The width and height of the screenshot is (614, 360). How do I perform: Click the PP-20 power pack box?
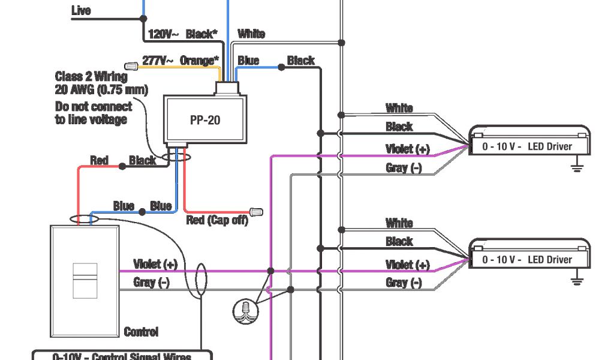(x=205, y=119)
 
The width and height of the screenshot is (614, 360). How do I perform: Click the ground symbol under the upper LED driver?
(x=577, y=166)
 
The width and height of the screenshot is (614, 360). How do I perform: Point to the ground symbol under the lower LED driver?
(x=577, y=279)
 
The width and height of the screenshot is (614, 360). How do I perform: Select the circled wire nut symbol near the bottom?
(x=243, y=310)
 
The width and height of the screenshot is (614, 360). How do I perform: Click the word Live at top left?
(x=81, y=10)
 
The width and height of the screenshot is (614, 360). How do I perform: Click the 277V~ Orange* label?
(x=180, y=61)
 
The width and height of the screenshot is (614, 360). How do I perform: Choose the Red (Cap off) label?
(x=216, y=220)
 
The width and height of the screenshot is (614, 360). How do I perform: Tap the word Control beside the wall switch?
(x=141, y=332)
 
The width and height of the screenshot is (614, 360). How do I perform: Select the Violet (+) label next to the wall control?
(x=155, y=264)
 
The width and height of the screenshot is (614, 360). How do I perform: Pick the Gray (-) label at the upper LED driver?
(x=404, y=168)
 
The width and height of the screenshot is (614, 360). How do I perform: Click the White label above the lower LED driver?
(x=399, y=223)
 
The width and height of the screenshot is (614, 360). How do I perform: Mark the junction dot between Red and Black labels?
(x=122, y=166)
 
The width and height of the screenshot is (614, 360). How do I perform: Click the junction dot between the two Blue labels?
(x=142, y=211)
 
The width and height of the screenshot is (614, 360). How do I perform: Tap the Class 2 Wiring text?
(x=91, y=77)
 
